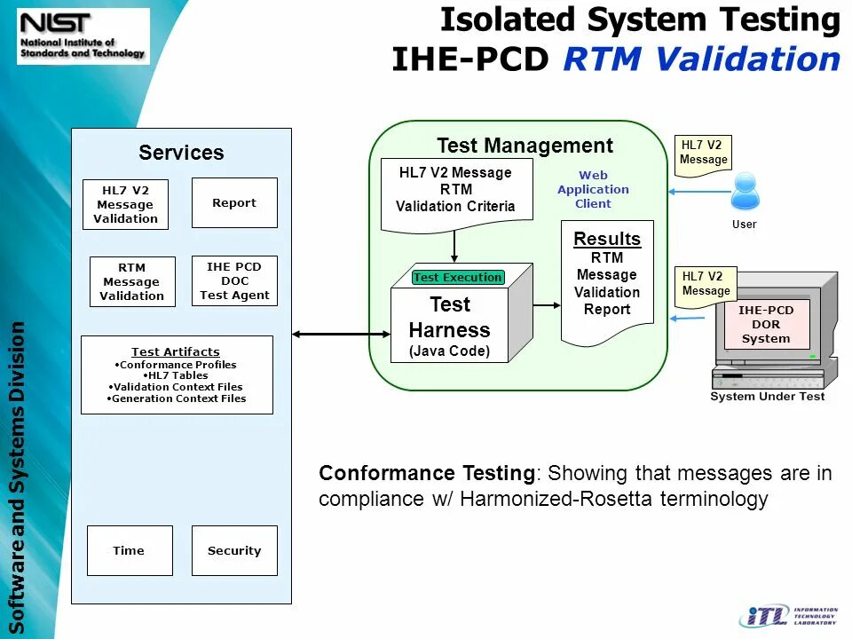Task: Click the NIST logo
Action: tap(83, 35)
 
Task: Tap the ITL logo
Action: tap(788, 616)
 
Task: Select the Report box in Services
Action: tap(234, 203)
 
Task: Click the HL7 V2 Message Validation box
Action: tap(125, 205)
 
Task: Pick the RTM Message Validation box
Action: tap(131, 282)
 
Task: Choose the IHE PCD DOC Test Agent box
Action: tap(234, 281)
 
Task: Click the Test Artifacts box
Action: tap(177, 375)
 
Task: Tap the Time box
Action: tap(129, 550)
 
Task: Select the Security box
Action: tap(234, 550)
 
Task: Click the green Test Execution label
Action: tap(458, 277)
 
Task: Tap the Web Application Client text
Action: tap(593, 190)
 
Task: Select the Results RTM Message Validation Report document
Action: tap(607, 282)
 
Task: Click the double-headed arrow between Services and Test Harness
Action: tap(341, 334)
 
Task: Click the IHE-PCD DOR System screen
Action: tap(766, 325)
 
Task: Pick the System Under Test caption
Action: tap(767, 397)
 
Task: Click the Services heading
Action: tap(181, 153)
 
